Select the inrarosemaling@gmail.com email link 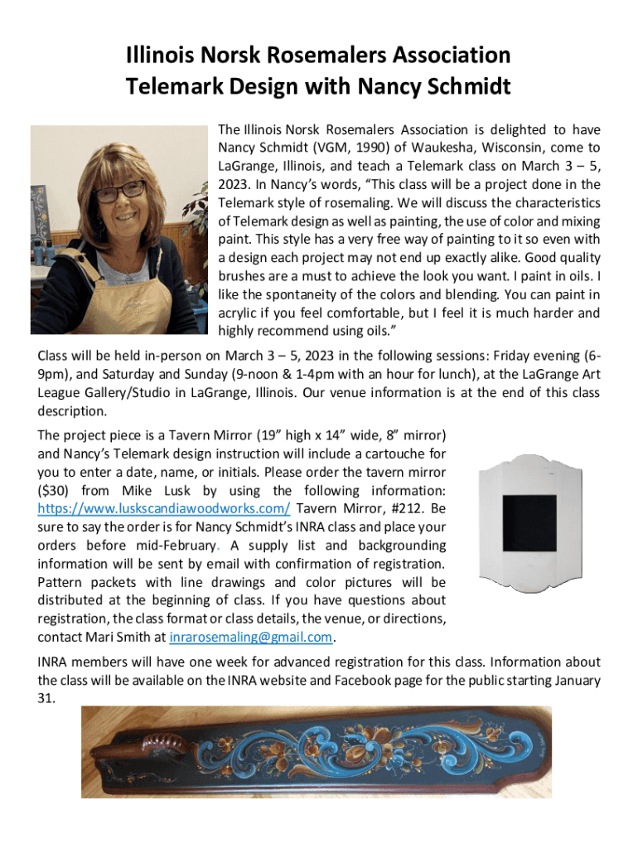[x=251, y=637]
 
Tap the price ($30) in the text [x=56, y=491]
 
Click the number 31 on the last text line [x=46, y=698]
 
